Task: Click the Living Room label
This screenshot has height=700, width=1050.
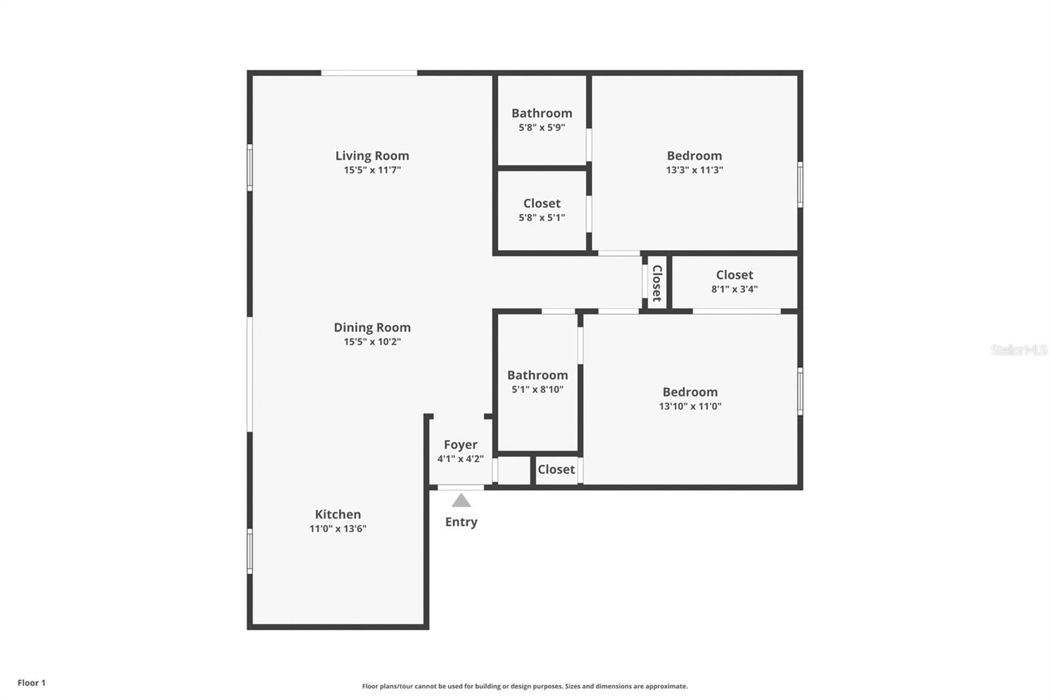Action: pos(372,156)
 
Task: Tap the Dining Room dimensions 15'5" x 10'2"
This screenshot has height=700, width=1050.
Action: pos(372,341)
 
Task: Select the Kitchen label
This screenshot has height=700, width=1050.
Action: pos(337,514)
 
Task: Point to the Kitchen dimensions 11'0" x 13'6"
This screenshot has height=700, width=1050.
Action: pos(337,529)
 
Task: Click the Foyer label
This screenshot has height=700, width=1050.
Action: pos(460,445)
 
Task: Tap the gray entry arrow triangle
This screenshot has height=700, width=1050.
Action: pos(461,500)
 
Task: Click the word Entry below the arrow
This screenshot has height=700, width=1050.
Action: pos(461,521)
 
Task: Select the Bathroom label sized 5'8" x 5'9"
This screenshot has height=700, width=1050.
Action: pos(542,113)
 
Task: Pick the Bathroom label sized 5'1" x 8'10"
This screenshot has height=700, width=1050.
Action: pos(537,375)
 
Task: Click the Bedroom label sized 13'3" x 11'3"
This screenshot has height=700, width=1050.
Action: pos(694,156)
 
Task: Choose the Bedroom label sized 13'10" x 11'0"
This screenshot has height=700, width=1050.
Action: pos(690,392)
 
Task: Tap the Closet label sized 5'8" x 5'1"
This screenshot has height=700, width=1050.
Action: pos(542,203)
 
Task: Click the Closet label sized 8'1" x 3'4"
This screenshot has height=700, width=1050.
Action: pos(734,275)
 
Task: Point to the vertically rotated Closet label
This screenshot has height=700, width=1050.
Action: pos(657,283)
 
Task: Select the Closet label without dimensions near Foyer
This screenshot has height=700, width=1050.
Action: pos(556,469)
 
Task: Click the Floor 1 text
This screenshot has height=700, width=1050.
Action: pos(31,683)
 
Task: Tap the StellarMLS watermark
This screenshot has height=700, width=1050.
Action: pos(1019,349)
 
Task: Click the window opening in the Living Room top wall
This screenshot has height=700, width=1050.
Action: pos(369,73)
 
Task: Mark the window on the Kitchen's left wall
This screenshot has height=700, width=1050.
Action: pos(250,552)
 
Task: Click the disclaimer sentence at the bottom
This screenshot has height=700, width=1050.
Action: pos(524,686)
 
